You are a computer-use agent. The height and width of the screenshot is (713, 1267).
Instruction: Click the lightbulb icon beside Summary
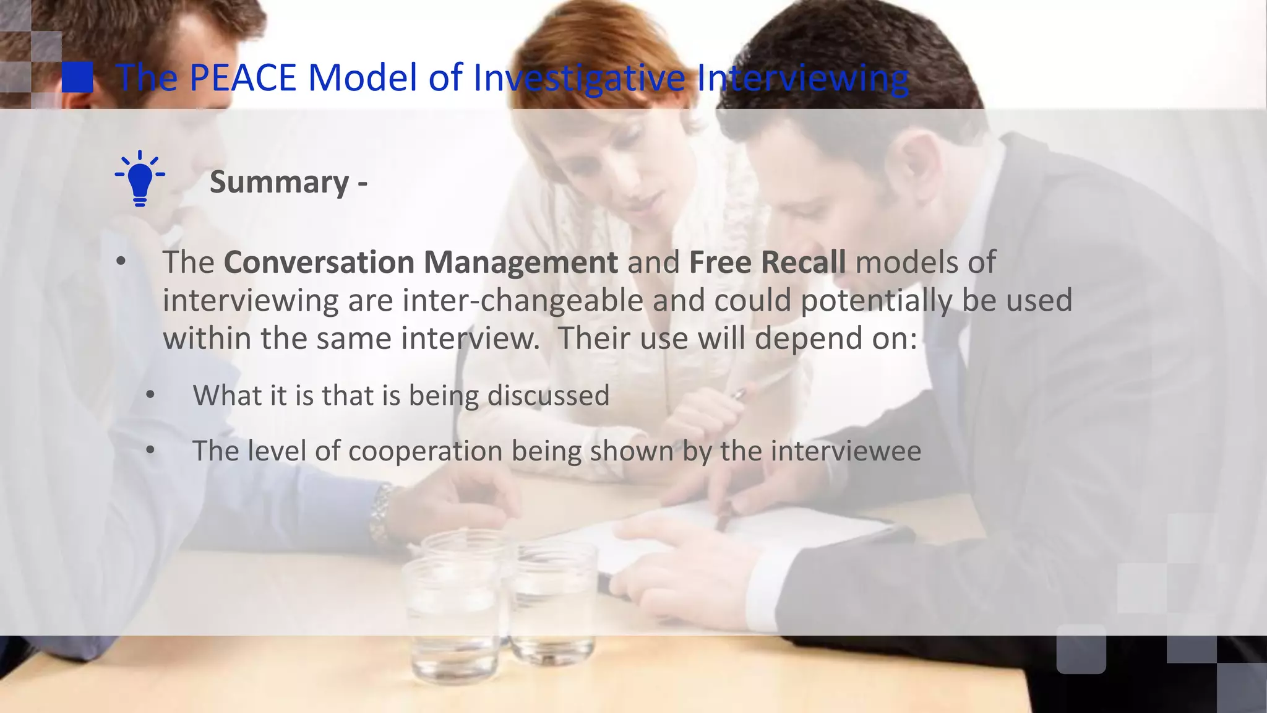[x=140, y=178]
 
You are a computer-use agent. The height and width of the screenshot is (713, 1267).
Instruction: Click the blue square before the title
[x=77, y=77]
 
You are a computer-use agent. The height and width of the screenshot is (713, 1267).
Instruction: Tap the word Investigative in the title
[x=579, y=79]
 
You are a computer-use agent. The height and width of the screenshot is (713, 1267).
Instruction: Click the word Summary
[x=280, y=182]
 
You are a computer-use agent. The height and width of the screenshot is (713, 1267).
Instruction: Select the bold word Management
[x=520, y=262]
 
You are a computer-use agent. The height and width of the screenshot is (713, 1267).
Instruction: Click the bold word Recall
[x=803, y=262]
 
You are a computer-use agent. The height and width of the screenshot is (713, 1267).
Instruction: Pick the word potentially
[x=877, y=301]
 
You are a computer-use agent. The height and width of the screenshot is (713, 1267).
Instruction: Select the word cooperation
[x=425, y=451]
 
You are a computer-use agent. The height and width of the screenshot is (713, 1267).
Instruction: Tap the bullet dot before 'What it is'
[x=150, y=395]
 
